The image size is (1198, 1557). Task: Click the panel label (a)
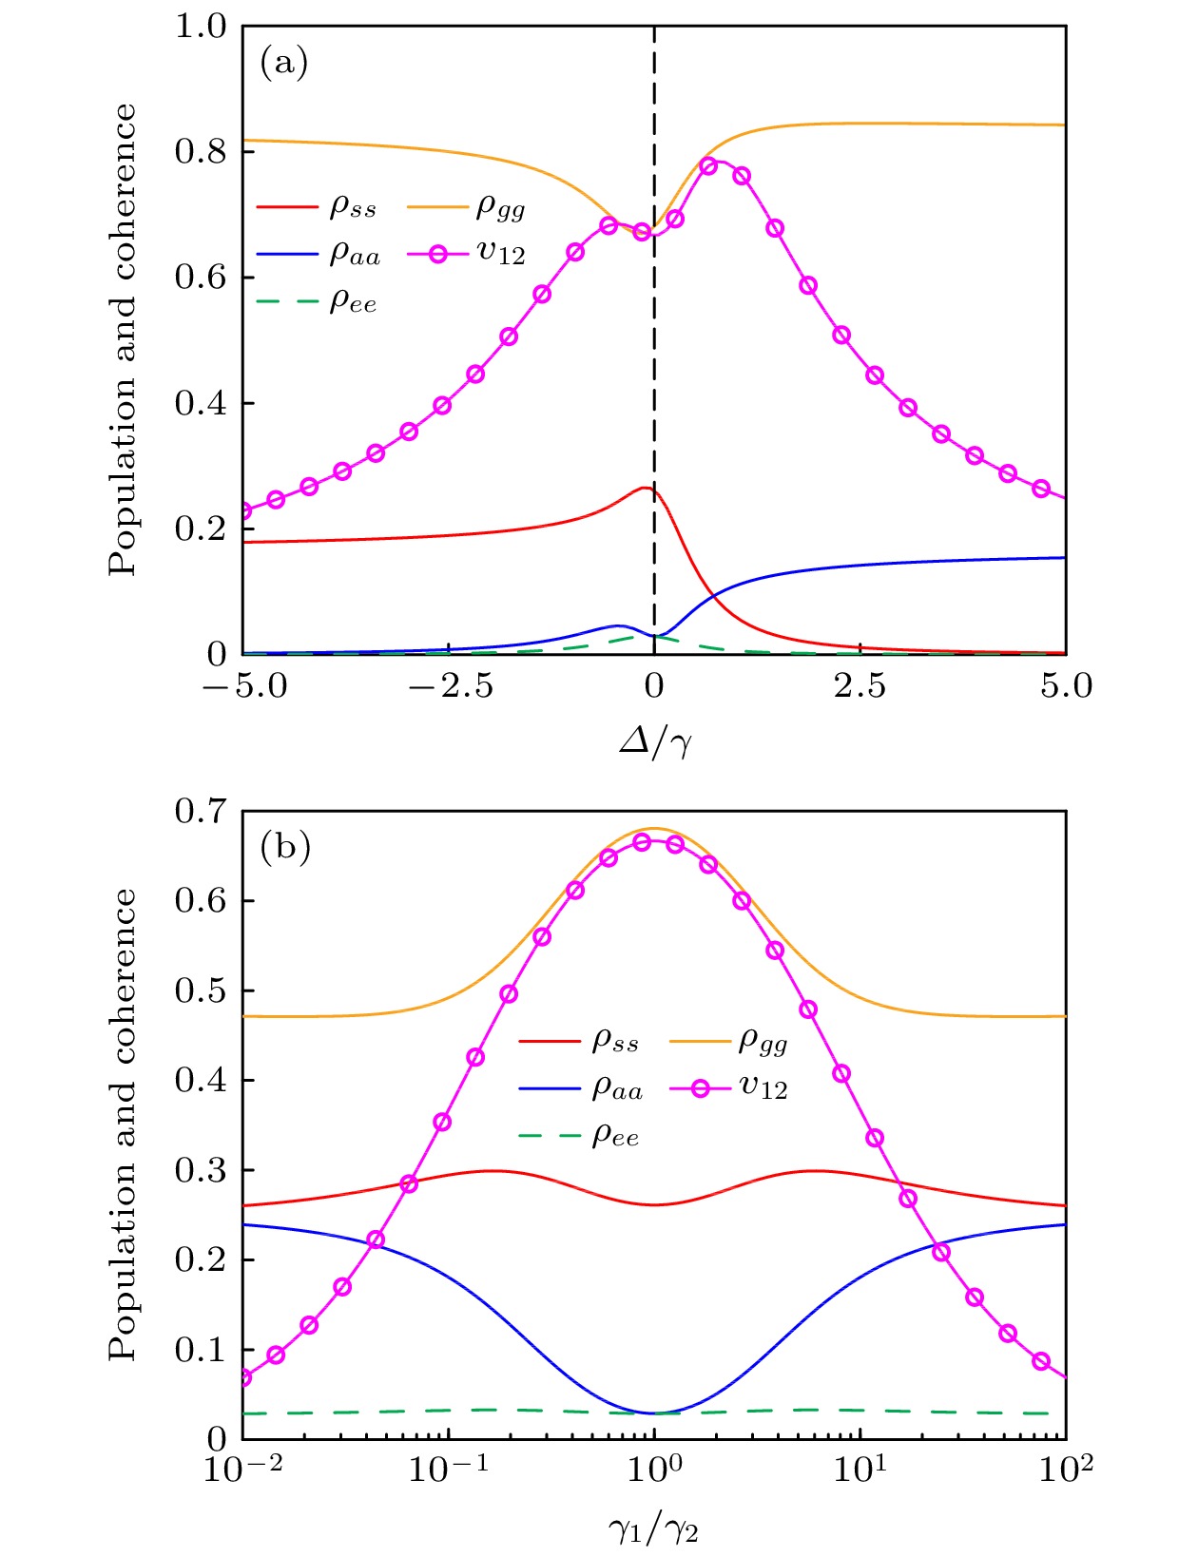[284, 64]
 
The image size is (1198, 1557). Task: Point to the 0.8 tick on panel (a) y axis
[202, 151]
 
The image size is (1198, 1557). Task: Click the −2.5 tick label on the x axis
[451, 686]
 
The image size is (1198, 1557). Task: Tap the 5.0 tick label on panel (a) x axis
[1066, 686]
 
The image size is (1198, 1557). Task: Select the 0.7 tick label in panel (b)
[202, 812]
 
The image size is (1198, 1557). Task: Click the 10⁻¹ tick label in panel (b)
[449, 1470]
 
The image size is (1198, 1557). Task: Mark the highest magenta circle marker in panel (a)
[708, 165]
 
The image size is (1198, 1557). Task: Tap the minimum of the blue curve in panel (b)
[654, 1413]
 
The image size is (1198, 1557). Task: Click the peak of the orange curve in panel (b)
[654, 828]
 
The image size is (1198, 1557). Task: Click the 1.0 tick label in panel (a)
[202, 27]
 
